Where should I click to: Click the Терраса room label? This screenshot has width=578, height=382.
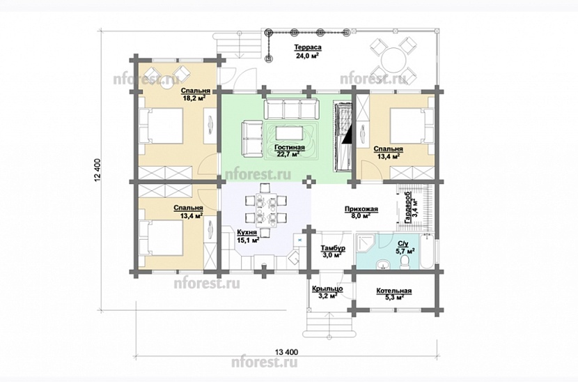(307, 47)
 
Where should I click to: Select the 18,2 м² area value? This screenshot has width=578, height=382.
(194, 98)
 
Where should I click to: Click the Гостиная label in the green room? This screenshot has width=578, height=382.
(290, 148)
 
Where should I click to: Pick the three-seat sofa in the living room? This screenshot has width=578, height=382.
(291, 108)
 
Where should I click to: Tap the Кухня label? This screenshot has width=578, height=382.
(247, 233)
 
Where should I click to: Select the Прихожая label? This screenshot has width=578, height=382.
(361, 209)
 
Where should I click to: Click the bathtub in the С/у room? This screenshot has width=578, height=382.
(428, 252)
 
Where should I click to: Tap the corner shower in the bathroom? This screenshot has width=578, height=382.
(365, 242)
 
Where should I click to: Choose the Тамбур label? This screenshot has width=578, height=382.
(332, 247)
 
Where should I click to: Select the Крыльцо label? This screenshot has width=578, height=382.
(327, 289)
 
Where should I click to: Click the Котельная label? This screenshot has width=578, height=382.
(393, 291)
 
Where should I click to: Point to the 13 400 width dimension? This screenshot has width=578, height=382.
(286, 352)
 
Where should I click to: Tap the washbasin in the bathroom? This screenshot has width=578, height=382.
(384, 265)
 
